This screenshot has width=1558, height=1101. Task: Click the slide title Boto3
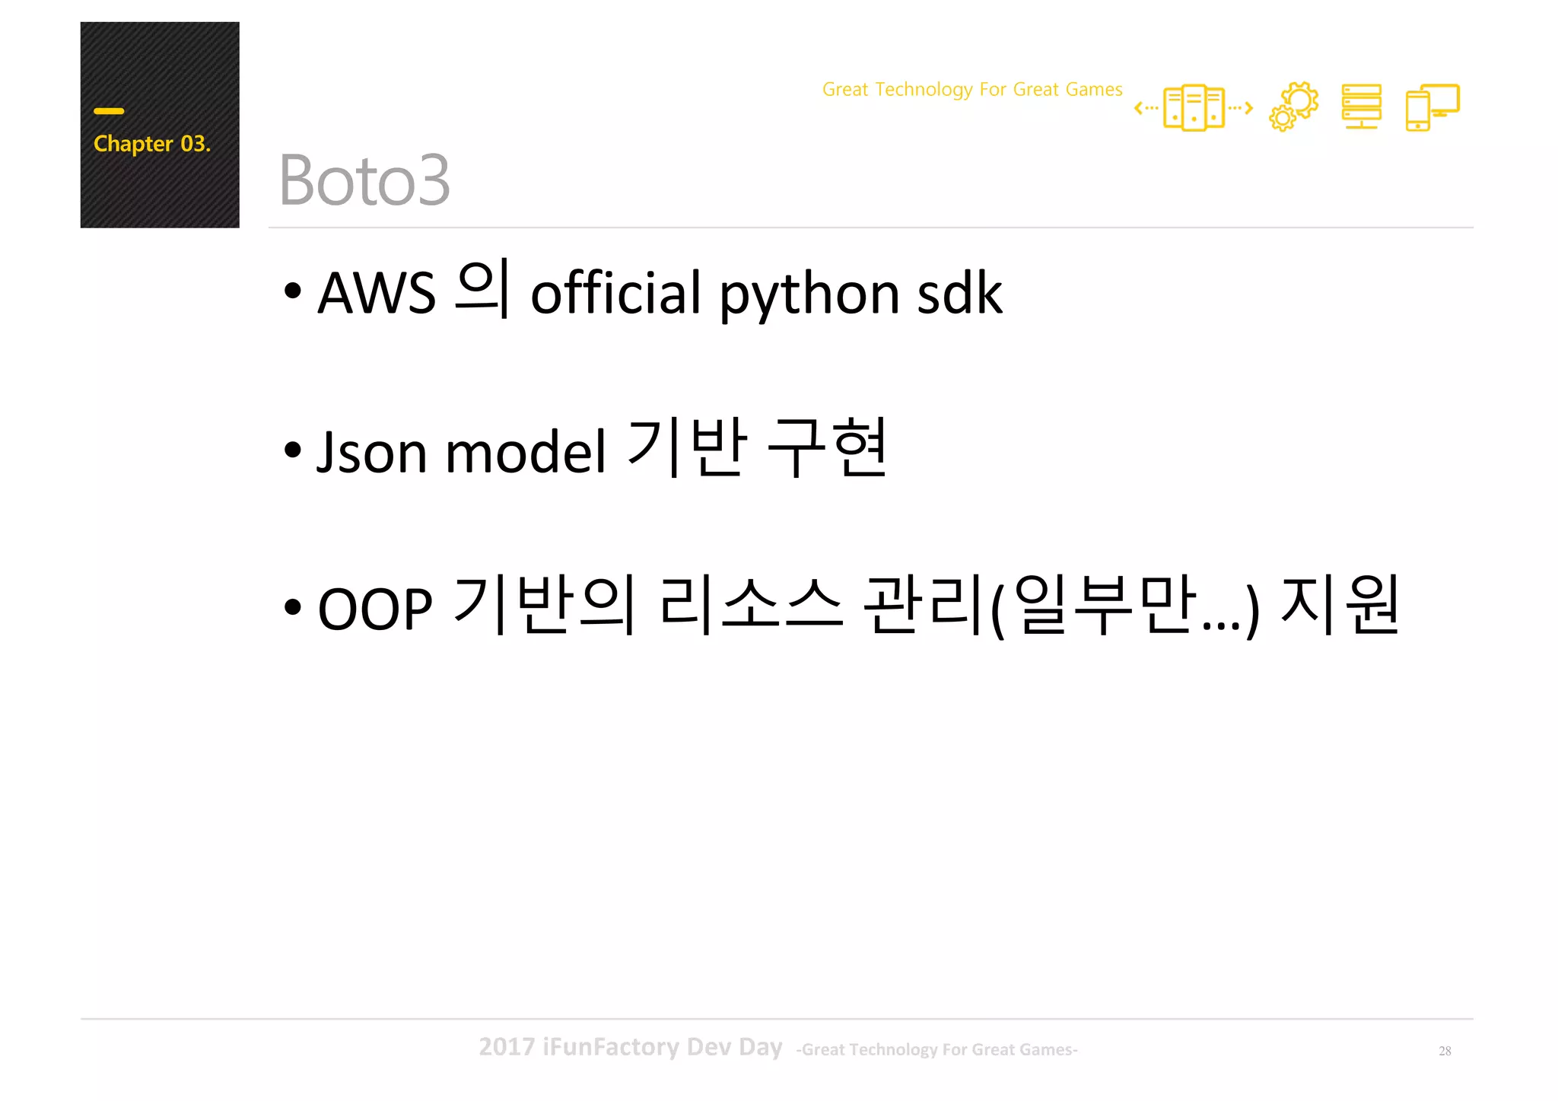tap(364, 180)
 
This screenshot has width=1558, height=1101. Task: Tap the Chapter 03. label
tap(151, 144)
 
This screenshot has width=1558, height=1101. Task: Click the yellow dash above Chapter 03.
tap(109, 111)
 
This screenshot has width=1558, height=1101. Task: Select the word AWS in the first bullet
tap(377, 293)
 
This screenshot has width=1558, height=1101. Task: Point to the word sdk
tap(959, 293)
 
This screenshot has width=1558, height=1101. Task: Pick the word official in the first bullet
tap(615, 293)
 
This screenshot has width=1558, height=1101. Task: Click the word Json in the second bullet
tap(372, 452)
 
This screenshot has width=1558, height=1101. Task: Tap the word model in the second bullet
tap(526, 452)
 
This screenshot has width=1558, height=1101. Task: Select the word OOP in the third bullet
tap(375, 609)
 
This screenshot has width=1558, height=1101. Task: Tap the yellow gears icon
tap(1293, 107)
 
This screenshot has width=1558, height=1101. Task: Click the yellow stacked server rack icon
tap(1361, 107)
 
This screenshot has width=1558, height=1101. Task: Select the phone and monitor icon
tap(1432, 107)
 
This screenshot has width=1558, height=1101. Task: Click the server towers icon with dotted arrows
tap(1193, 108)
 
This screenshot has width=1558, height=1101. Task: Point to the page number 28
tap(1445, 1051)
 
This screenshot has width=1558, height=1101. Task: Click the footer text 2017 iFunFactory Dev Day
tap(630, 1047)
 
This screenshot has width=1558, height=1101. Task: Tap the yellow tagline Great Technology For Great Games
tap(971, 90)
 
